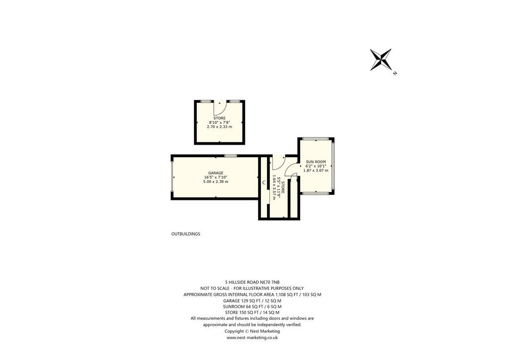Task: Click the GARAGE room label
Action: (216, 173)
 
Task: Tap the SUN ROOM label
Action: (316, 162)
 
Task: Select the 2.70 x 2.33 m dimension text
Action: (219, 127)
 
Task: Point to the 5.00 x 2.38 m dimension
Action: (216, 181)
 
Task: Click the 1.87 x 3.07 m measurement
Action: (316, 170)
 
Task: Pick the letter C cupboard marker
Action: (264, 183)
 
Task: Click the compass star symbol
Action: (381, 59)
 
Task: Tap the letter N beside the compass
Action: (395, 74)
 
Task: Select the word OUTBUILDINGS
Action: (186, 234)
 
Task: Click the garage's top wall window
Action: (231, 156)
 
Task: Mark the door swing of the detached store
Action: (221, 107)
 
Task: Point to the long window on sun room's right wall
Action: (333, 166)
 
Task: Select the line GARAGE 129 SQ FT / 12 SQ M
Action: (252, 301)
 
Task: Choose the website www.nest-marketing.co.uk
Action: (252, 338)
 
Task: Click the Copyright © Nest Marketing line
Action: (252, 332)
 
